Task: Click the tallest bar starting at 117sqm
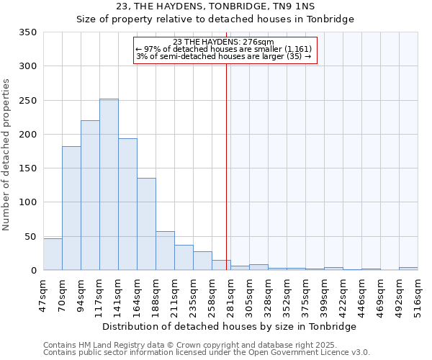109,184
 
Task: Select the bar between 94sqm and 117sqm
90,195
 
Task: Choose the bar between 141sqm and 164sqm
127,204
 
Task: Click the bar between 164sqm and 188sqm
146,224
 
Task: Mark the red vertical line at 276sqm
227,166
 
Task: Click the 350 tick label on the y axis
27,32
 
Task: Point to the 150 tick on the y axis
27,168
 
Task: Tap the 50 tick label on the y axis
30,236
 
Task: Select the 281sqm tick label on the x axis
231,294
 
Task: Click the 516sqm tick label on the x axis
418,294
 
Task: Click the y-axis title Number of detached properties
7,155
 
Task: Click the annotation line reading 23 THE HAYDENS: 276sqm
224,42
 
